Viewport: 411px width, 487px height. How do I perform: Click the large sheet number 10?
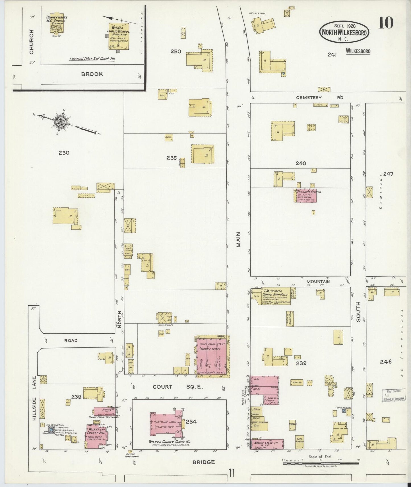386,23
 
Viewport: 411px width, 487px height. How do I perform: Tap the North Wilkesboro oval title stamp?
344,32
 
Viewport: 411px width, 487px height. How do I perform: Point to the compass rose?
61,122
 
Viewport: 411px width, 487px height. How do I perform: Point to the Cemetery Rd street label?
319,97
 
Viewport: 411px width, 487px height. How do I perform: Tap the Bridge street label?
204,462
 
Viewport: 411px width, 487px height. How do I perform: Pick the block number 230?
64,153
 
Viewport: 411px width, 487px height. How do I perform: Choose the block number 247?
388,174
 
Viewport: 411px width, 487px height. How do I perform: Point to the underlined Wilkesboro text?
358,51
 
